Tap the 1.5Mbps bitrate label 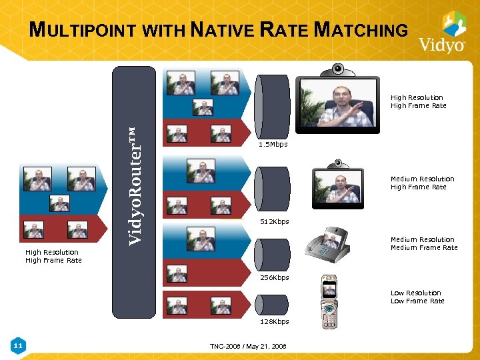[x=273, y=145]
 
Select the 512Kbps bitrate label [x=274, y=222]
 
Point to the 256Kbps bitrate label [x=274, y=277]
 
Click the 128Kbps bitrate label [x=274, y=321]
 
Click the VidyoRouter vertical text [x=135, y=185]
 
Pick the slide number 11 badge [x=19, y=345]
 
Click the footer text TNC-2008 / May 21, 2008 [x=247, y=347]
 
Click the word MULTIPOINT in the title [x=84, y=30]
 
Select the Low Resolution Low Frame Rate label [x=417, y=297]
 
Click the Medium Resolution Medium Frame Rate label [x=423, y=243]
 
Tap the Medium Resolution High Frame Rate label [x=422, y=183]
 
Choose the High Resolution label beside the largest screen [x=417, y=101]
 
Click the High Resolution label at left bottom [x=53, y=256]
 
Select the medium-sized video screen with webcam [x=341, y=184]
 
